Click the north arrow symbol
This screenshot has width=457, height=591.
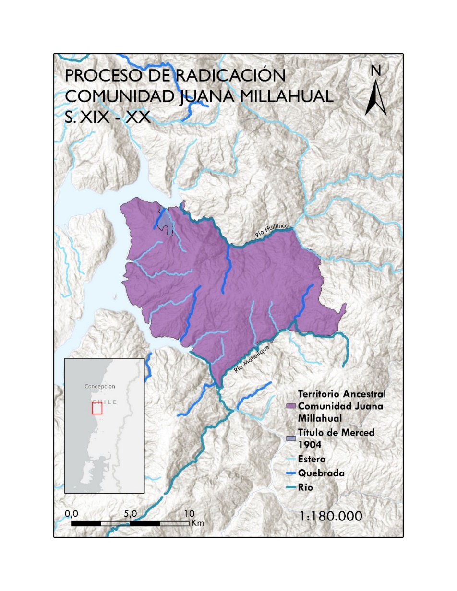tap(375, 99)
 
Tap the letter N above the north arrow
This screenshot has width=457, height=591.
tap(376, 71)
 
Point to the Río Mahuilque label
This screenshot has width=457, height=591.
tap(249, 361)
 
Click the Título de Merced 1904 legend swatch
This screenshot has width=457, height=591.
tap(290, 438)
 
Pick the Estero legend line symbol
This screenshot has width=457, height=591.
tap(290, 459)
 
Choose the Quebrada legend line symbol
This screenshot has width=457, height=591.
tap(290, 473)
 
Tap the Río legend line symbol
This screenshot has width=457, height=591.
tap(290, 487)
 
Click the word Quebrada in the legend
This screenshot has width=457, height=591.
tap(321, 473)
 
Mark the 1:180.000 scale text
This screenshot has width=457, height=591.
tap(330, 517)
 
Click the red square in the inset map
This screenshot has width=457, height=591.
tap(97, 408)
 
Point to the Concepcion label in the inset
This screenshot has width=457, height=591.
tap(100, 386)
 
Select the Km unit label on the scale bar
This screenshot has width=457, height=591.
tap(197, 523)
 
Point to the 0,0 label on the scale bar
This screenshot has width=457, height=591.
tap(72, 513)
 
